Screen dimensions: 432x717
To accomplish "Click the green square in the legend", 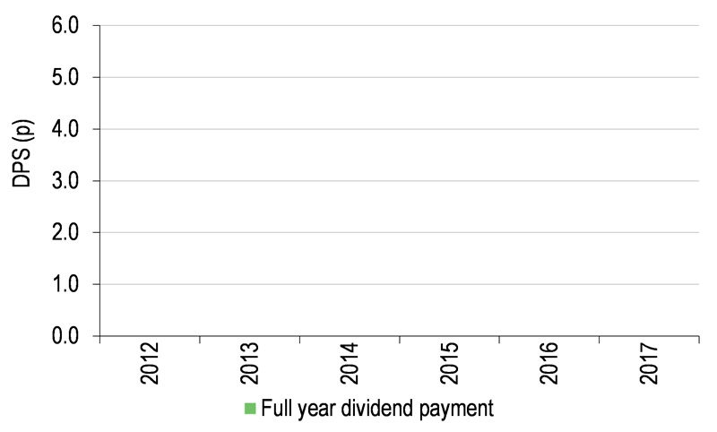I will tap(250, 409).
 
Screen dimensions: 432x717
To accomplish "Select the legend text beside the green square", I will tap(376, 409).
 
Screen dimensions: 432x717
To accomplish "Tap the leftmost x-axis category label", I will tap(150, 363).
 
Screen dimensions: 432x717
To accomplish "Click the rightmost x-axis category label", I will tap(648, 363).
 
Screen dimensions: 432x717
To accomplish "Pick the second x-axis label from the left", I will tap(250, 363).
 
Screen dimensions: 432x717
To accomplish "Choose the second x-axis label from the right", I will tap(549, 363).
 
